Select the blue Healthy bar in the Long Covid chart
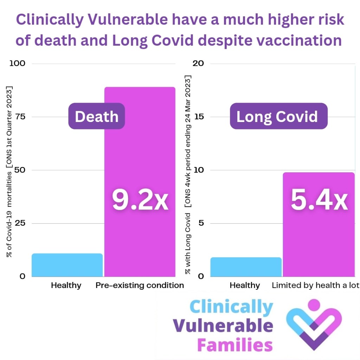(246, 267)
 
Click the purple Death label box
(96, 116)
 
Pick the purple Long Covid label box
(278, 116)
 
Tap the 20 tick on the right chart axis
(199, 63)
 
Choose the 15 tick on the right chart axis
(199, 117)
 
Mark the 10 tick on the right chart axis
(199, 170)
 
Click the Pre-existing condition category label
(140, 285)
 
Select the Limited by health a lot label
(315, 285)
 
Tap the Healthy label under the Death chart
(66, 285)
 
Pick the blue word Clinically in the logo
(231, 307)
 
